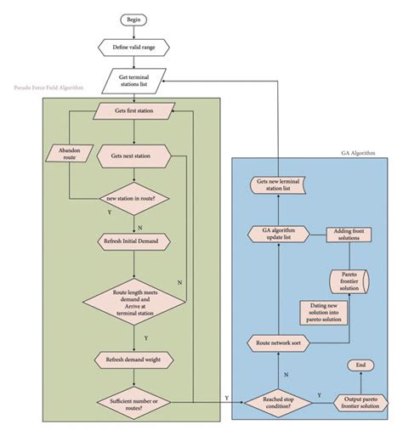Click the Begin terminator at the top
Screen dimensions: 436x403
click(134, 19)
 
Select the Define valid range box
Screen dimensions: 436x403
click(134, 47)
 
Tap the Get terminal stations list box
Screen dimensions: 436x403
click(134, 80)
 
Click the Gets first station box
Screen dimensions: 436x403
click(134, 110)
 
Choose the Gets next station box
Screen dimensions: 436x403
click(134, 156)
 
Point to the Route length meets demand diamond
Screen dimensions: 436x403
click(134, 303)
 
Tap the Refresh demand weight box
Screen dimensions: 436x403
click(134, 360)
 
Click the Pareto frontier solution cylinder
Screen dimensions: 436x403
click(346, 281)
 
